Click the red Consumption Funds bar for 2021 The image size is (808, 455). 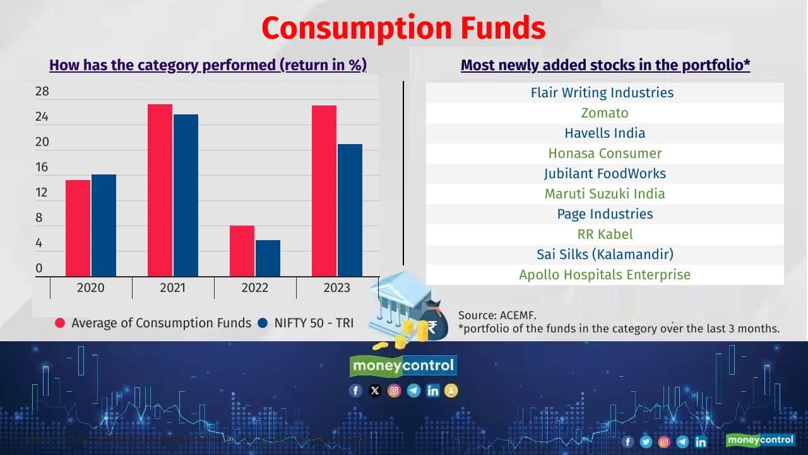click(x=160, y=190)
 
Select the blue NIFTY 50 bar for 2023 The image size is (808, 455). click(x=350, y=210)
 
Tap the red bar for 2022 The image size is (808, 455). click(x=242, y=251)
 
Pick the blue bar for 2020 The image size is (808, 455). click(x=104, y=225)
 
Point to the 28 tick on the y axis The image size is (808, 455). click(x=42, y=92)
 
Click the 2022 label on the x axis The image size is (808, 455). click(x=254, y=288)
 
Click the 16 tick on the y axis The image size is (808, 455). click(x=42, y=167)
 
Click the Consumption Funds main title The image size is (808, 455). click(x=403, y=28)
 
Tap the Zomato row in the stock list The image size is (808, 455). click(x=605, y=113)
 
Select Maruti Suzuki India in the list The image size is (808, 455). click(x=605, y=194)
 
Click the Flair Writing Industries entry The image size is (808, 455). click(x=602, y=93)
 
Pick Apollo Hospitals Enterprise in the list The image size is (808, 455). click(x=605, y=275)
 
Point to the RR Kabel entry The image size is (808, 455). click(x=605, y=234)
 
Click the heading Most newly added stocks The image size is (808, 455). click(x=605, y=65)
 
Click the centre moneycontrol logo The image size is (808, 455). click(x=403, y=365)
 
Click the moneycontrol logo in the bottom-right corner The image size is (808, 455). click(x=760, y=440)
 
